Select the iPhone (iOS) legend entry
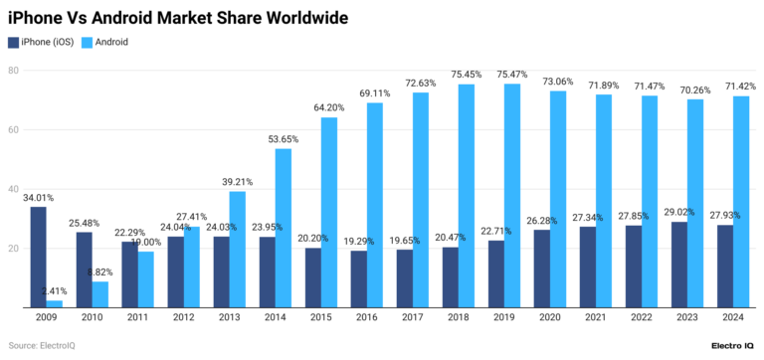click(x=46, y=43)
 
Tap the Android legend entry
click(x=105, y=43)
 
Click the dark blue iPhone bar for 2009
click(x=38, y=257)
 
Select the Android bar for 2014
click(x=283, y=228)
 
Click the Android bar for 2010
click(x=100, y=294)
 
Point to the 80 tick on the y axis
click(x=14, y=71)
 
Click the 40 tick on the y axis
click(x=14, y=189)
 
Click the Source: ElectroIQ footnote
click(x=44, y=345)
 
